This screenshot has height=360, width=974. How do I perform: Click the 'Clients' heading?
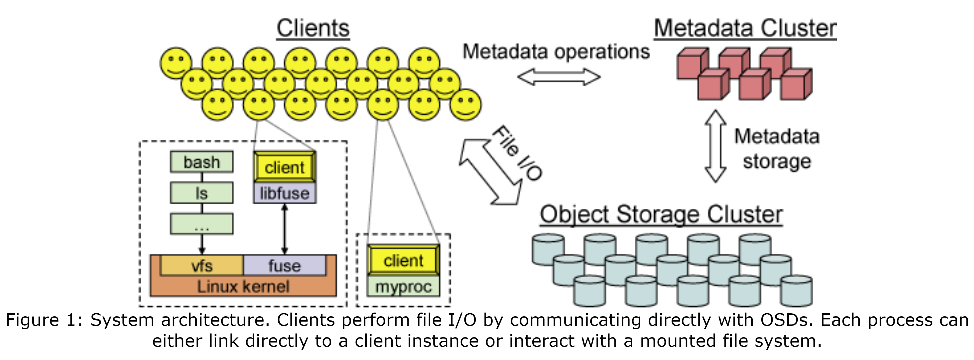313,28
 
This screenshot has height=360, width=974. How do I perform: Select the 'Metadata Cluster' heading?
745,28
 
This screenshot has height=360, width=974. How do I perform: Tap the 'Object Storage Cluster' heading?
661,214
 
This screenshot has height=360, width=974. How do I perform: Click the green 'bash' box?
201,162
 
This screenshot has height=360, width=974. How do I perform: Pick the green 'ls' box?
201,193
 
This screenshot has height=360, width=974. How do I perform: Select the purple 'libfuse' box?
285,194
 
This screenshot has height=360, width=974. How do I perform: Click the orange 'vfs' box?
201,265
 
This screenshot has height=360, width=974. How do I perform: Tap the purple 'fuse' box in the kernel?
284,265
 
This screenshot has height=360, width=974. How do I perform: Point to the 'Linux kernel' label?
243,287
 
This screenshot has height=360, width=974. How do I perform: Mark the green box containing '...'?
201,224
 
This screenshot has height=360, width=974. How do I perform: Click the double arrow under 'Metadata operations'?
559,77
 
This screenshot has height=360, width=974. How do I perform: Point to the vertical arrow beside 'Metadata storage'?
715,146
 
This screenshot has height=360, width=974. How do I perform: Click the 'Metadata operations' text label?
556,52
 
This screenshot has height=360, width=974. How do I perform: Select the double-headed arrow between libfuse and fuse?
285,229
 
